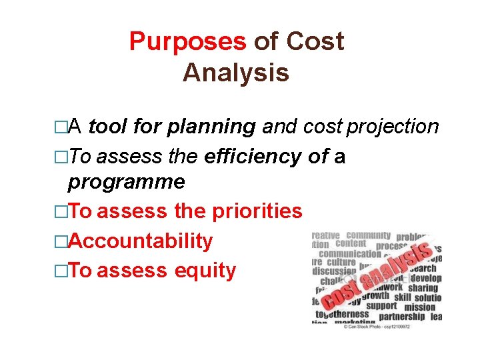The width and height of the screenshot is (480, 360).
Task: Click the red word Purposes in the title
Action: point(187,42)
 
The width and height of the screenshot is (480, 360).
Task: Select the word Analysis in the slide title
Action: point(236,73)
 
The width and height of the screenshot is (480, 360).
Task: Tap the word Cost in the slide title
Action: point(315,42)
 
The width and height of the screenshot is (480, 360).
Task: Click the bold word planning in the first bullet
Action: point(211,126)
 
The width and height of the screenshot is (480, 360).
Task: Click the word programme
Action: point(127,181)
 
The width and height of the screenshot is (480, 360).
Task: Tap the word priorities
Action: point(257,211)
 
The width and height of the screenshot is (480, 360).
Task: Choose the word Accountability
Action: point(141,241)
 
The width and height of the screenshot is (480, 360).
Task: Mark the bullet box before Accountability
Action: point(61,241)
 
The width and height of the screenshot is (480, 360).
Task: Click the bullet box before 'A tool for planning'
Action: point(61,127)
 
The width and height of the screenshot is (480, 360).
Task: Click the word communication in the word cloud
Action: point(349,254)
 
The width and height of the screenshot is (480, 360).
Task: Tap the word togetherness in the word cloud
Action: point(342,314)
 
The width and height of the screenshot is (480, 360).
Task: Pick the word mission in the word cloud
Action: point(419,307)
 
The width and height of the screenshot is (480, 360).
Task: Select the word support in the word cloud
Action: point(381,306)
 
